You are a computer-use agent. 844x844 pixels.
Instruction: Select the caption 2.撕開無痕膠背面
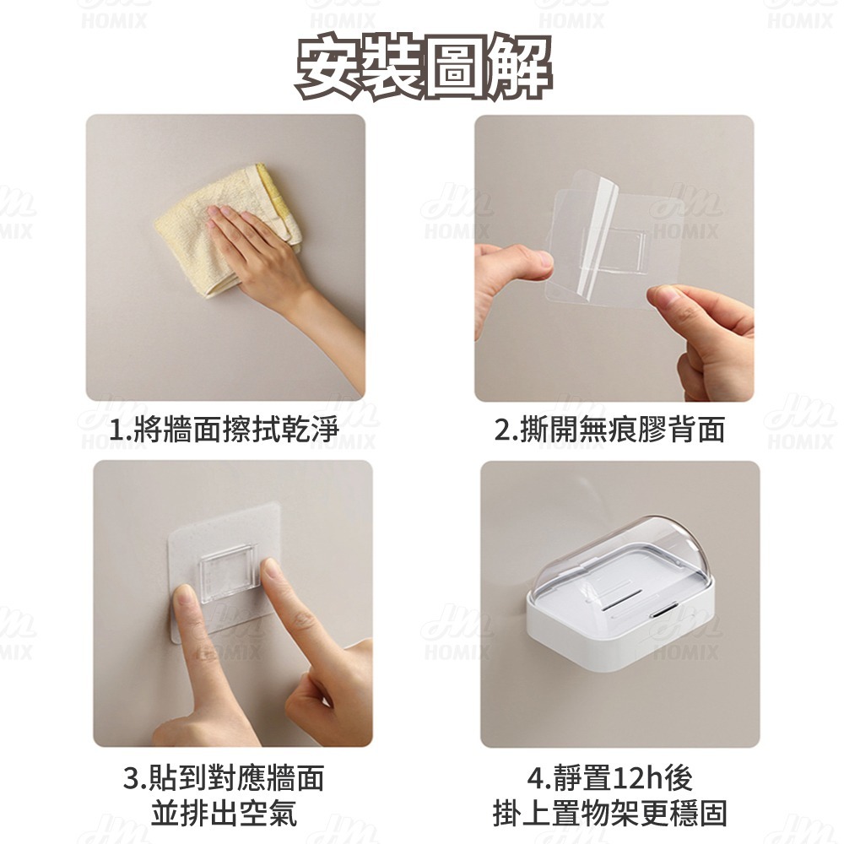pyautogui.click(x=610, y=430)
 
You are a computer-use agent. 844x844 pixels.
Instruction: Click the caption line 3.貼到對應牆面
pyautogui.click(x=224, y=777)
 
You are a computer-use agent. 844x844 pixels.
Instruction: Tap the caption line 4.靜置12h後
pyautogui.click(x=610, y=777)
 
